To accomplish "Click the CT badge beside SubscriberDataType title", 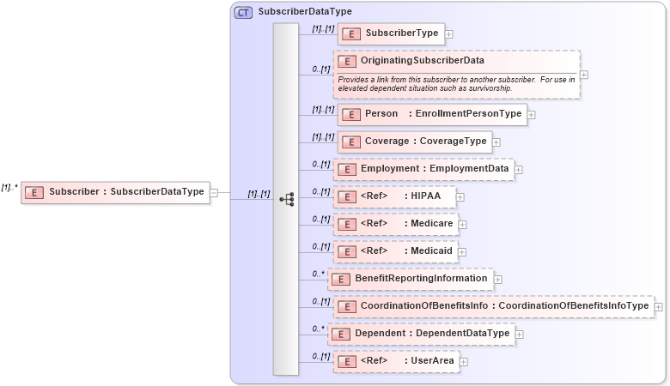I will [243, 12].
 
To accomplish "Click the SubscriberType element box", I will [391, 33].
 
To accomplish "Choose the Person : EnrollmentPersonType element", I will [431, 114].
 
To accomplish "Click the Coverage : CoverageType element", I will [412, 142].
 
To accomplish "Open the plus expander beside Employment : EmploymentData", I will [519, 170].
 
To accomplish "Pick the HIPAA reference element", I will [394, 197].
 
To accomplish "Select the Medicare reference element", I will [395, 225].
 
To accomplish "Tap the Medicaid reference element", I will [395, 252].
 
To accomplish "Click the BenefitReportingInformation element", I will [410, 279].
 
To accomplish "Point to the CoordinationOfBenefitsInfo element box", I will [493, 306].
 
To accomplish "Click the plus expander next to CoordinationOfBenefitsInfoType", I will [659, 306].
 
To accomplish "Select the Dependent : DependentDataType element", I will [422, 334].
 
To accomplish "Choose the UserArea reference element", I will [395, 361].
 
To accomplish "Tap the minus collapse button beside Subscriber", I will [214, 193].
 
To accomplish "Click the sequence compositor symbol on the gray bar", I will [286, 199].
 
